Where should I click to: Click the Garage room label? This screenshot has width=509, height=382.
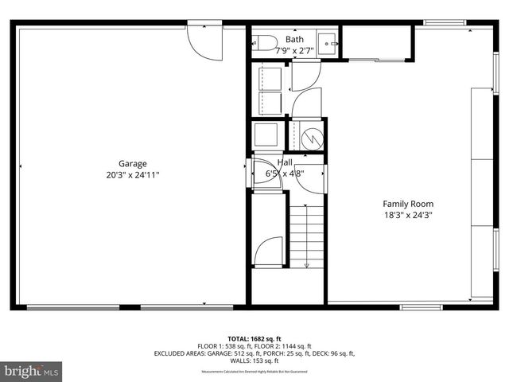[133, 164]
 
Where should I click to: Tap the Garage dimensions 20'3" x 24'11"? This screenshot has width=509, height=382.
[133, 175]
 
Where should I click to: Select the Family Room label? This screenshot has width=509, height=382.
[408, 204]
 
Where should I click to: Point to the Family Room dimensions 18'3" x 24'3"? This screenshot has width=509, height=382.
[408, 214]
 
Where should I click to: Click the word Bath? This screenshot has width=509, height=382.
[294, 39]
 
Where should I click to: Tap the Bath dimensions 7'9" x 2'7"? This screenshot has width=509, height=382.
[294, 49]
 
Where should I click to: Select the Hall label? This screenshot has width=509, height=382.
[285, 162]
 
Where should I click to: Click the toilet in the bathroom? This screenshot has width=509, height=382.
[265, 42]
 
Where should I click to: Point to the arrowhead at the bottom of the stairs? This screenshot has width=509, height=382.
[307, 264]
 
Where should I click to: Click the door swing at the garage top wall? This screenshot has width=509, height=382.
[200, 41]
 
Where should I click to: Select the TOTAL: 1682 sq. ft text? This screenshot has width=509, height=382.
[254, 337]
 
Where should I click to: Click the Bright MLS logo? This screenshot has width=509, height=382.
[32, 371]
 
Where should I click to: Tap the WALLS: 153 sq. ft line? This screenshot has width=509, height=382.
[254, 361]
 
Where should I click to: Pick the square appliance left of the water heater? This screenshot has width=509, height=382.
[265, 133]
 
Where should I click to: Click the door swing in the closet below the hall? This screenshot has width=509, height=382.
[270, 251]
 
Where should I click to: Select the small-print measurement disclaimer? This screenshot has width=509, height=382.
[254, 372]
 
